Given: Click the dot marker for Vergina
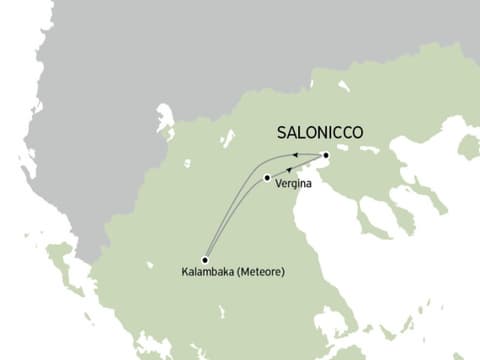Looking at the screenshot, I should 267,178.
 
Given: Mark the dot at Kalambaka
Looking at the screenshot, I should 205,259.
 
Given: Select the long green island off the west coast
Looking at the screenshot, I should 62,255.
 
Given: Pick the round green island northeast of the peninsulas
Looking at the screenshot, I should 467,146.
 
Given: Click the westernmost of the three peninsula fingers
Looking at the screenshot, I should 374,214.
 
